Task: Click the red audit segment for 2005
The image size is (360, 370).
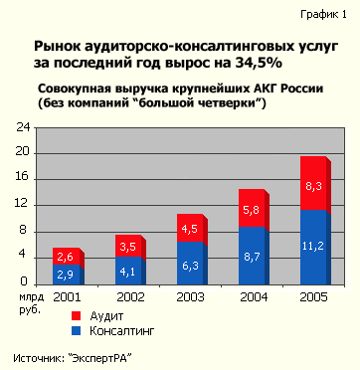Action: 314,185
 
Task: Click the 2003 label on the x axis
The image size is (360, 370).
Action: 192,297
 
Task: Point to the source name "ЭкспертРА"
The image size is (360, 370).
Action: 110,357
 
